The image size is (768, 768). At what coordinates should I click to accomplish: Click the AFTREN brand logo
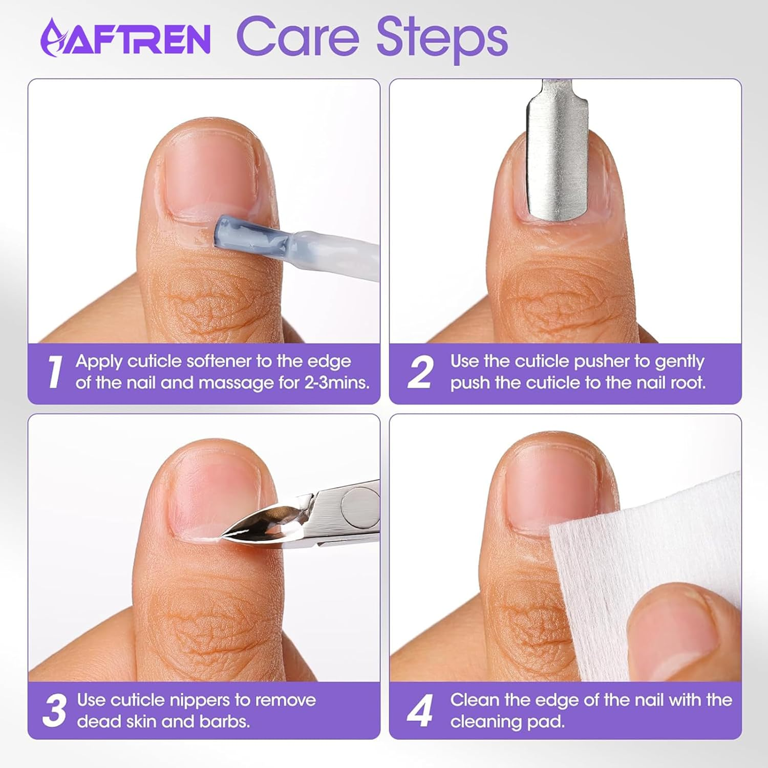(125, 37)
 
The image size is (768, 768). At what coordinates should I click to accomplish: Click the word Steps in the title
(442, 38)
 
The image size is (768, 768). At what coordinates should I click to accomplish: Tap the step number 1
(54, 372)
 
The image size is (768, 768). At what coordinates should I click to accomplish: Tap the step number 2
(420, 372)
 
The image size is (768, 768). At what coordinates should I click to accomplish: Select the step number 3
(54, 710)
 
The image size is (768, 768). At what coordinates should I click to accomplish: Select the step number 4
(420, 710)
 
